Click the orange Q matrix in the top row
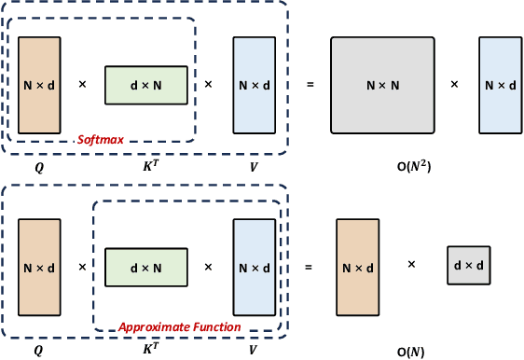pos(39,85)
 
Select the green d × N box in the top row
pos(146,85)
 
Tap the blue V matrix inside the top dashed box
pos(255,85)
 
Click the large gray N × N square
pos(382,85)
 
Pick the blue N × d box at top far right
pos(500,85)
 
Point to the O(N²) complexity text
pos(412,167)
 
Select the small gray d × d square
pos(467,266)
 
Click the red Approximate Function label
pos(179,327)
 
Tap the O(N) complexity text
pos(412,352)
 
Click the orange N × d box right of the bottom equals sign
pos(358,267)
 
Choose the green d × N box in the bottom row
pos(146,267)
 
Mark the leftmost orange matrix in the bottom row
pos(39,267)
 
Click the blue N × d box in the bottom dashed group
pos(255,267)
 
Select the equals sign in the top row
pos(310,85)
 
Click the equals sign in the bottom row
pos(310,267)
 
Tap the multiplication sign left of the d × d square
pos(411,265)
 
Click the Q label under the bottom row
pos(38,352)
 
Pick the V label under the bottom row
pos(253,352)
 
